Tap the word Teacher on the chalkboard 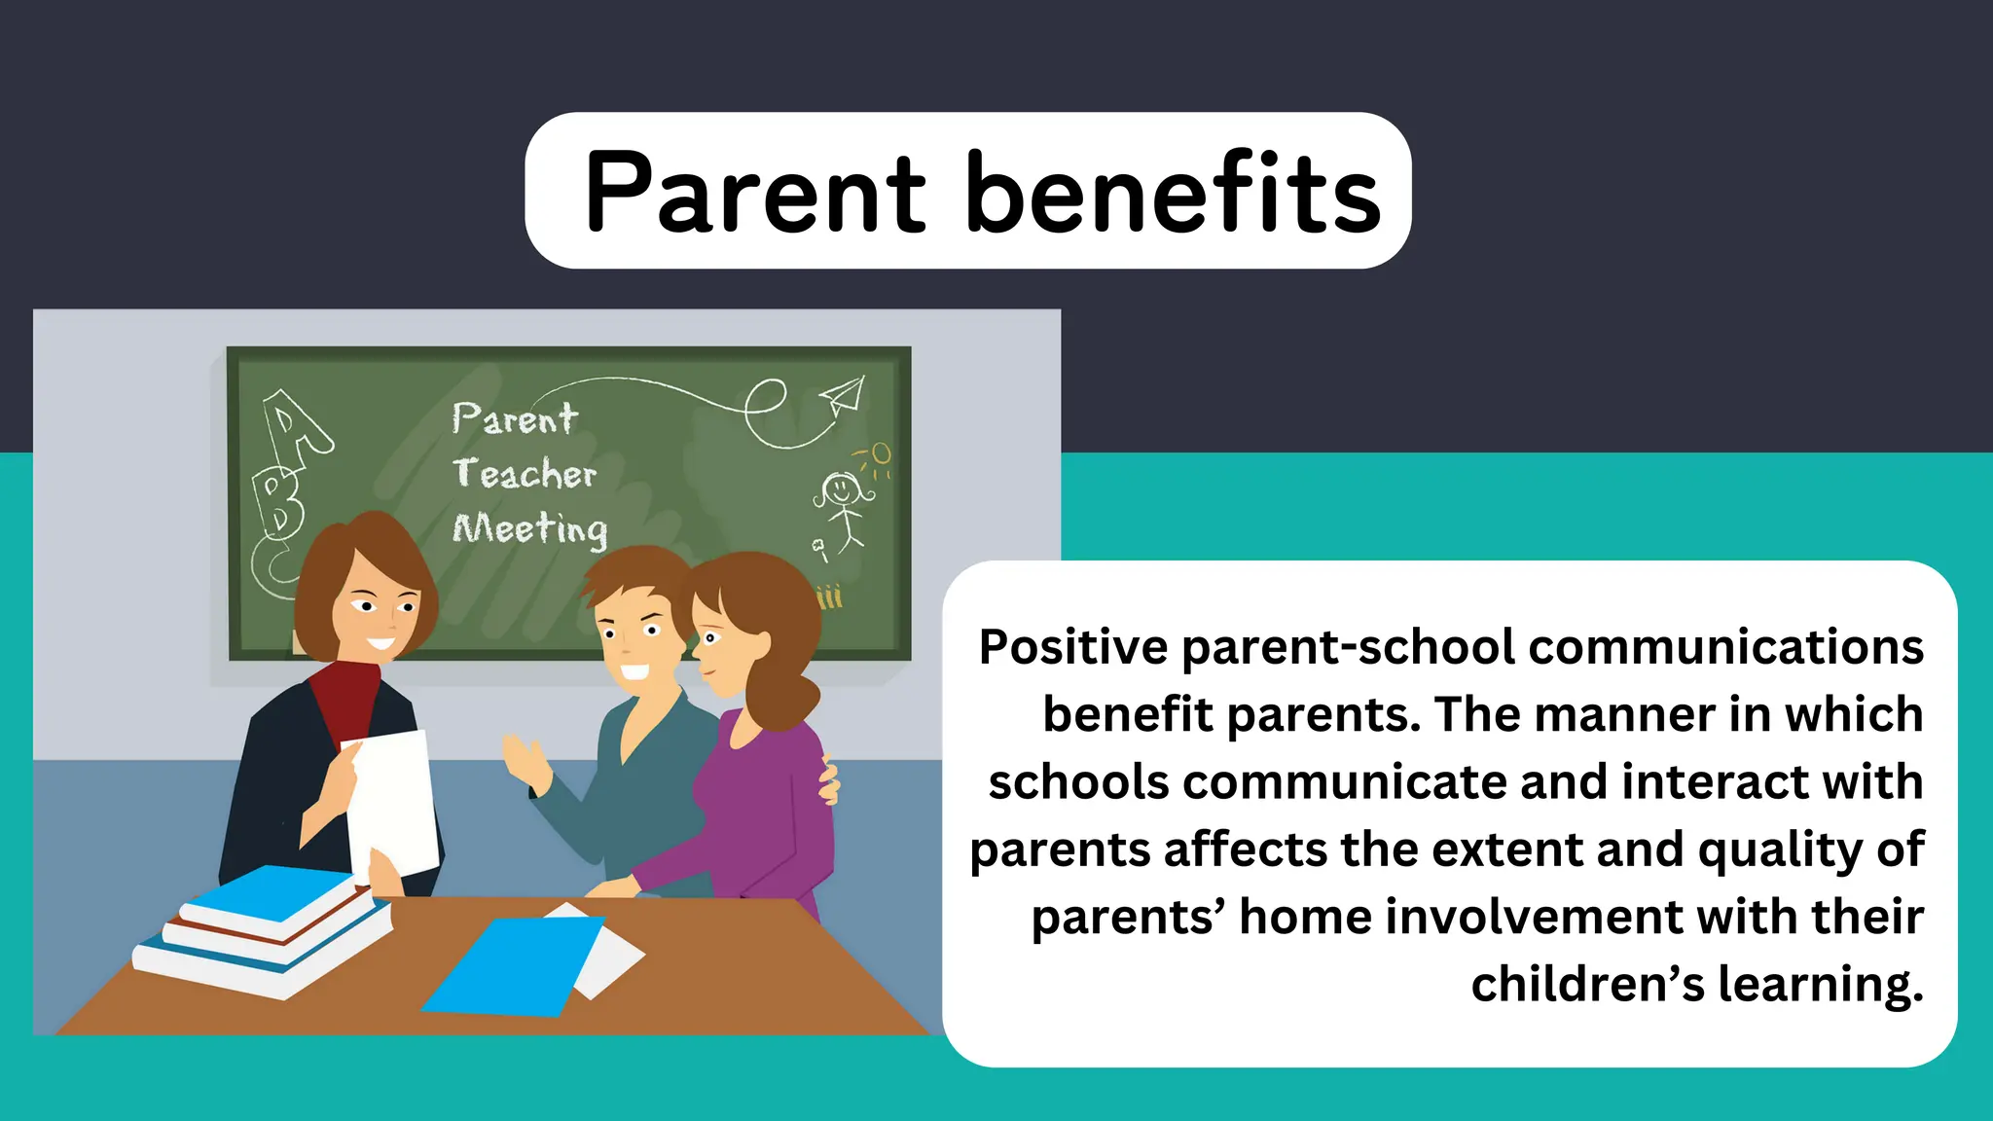pos(524,474)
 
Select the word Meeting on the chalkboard pos(530,529)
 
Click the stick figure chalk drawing pos(842,506)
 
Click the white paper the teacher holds pos(394,798)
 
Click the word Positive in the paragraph pos(1072,647)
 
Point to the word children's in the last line pos(1587,984)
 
